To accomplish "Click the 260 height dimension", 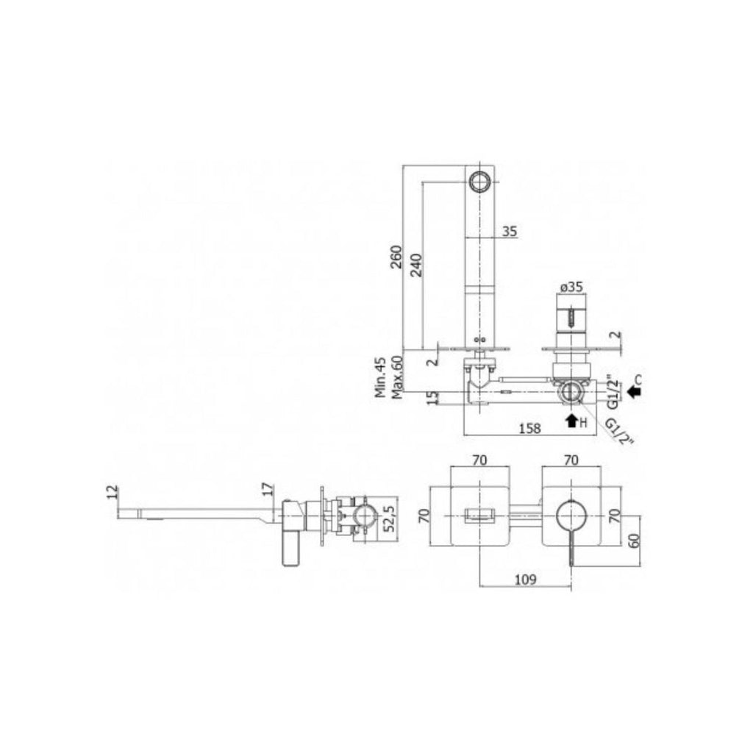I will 396,258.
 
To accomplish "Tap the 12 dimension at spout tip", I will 112,492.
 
